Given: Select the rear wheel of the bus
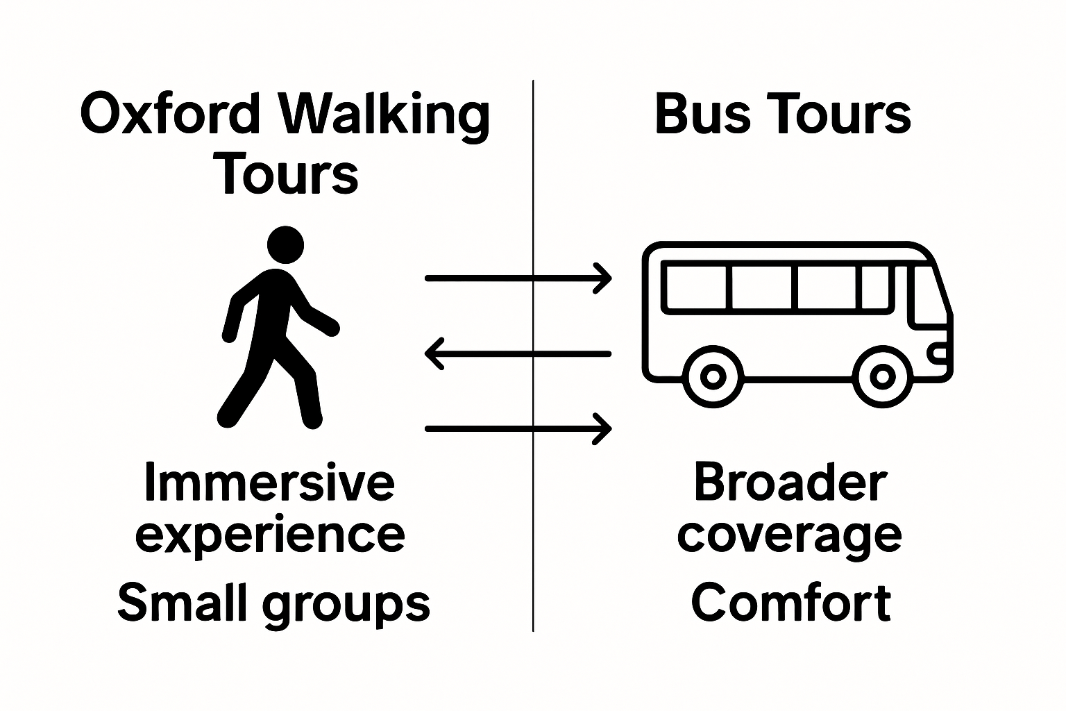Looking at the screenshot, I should click(x=713, y=376).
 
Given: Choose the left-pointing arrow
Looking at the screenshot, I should click(x=517, y=354).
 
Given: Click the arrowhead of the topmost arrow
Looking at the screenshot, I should click(x=603, y=279).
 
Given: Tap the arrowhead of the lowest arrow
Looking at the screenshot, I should click(x=603, y=429).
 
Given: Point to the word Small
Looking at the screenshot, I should click(x=182, y=603).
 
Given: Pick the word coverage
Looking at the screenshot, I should click(x=790, y=536).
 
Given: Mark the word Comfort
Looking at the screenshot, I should click(x=791, y=603).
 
